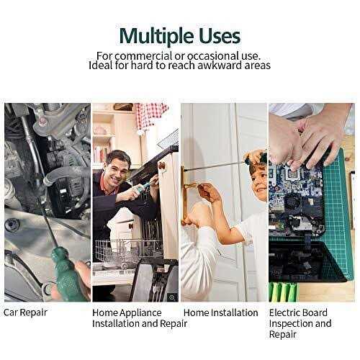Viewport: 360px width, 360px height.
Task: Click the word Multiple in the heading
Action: (x=156, y=36)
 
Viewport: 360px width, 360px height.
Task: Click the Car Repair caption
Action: (x=25, y=312)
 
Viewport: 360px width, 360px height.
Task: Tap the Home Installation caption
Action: (x=220, y=312)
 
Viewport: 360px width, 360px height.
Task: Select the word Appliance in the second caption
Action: (x=140, y=312)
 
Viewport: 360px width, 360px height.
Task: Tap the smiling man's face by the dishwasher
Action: (x=118, y=171)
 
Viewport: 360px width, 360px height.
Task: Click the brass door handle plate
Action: (x=185, y=194)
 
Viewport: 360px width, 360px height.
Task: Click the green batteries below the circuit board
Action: (x=283, y=292)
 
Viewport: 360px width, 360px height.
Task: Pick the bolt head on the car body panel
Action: (x=10, y=225)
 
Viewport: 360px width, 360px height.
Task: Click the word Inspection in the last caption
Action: (x=291, y=323)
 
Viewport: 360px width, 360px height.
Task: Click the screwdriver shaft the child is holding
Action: (x=215, y=166)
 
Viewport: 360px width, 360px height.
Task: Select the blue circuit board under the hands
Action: (x=297, y=197)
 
